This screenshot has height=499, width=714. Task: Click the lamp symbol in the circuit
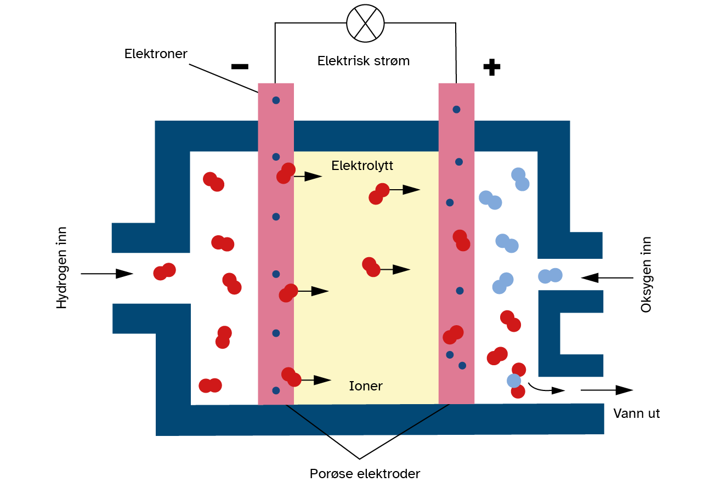click(365, 23)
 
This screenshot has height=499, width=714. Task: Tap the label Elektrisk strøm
click(363, 61)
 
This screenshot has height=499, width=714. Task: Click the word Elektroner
click(156, 54)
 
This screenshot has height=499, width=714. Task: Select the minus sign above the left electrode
click(240, 67)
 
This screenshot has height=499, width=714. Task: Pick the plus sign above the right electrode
click(491, 67)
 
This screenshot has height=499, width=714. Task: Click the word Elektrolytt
click(362, 166)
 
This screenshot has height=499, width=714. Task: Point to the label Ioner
click(366, 386)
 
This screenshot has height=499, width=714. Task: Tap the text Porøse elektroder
click(365, 474)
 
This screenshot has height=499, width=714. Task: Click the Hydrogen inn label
click(62, 268)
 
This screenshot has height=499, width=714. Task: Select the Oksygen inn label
click(647, 275)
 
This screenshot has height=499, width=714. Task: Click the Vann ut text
click(636, 413)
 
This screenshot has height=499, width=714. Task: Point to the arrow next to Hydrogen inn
click(107, 273)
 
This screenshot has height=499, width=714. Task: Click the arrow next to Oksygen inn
click(607, 278)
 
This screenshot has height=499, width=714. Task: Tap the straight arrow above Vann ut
click(607, 390)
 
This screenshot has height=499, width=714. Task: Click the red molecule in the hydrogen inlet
click(165, 271)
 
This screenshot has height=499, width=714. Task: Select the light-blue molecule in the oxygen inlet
click(550, 275)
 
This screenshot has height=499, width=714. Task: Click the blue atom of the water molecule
click(514, 380)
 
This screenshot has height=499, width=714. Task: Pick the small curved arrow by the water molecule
click(546, 389)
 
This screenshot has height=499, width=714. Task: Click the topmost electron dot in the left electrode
click(276, 100)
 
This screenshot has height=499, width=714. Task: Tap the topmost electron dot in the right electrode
click(456, 109)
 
